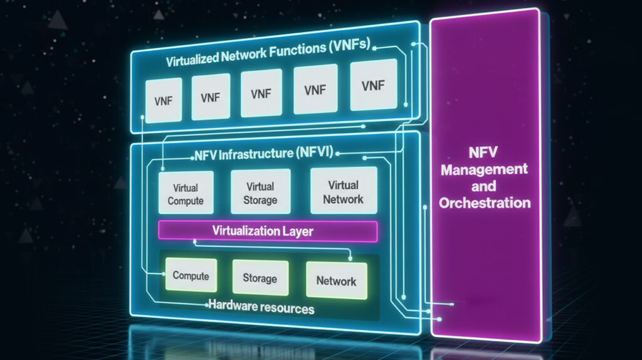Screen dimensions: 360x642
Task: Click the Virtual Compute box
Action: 186,193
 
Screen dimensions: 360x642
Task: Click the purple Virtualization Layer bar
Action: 268,231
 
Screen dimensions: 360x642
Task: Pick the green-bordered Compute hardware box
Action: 191,276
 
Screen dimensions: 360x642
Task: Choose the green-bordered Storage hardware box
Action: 260,277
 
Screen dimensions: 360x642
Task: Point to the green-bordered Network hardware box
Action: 336,279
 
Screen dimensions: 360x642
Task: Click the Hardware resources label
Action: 260,308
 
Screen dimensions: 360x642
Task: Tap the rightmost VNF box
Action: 374,85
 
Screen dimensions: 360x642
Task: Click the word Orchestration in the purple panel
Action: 485,203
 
